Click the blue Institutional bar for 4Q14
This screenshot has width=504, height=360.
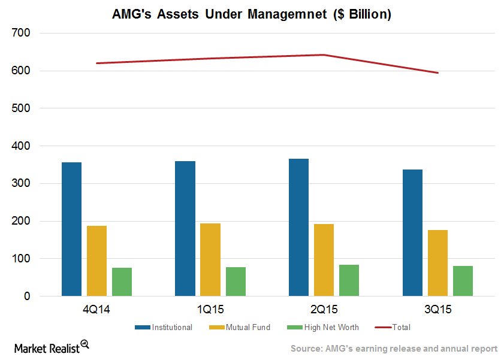(x=71, y=229)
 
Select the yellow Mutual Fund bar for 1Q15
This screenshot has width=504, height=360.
(x=210, y=260)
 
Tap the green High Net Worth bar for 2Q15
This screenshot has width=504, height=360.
(x=349, y=280)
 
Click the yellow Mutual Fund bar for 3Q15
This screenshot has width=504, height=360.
(x=437, y=263)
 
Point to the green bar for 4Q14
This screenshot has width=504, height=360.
(x=122, y=282)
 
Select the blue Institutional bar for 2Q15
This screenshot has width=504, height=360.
(x=298, y=228)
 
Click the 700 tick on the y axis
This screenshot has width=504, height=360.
(x=21, y=34)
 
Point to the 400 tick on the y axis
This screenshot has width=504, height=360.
(x=21, y=146)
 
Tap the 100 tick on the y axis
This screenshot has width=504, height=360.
(x=21, y=259)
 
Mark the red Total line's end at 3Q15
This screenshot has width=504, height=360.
(x=438, y=73)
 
